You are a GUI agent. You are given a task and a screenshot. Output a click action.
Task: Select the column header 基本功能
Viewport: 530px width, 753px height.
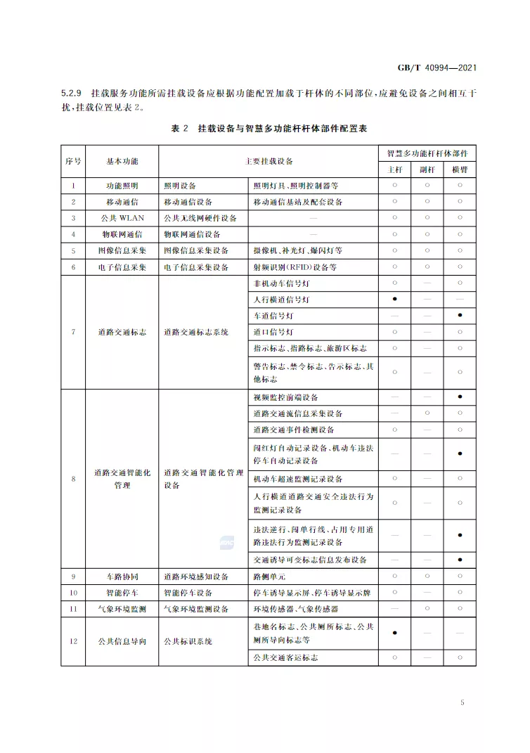(122, 161)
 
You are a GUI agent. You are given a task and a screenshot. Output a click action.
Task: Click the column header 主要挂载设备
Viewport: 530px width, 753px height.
(269, 161)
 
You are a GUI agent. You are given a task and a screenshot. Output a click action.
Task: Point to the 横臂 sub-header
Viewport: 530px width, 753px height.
(459, 169)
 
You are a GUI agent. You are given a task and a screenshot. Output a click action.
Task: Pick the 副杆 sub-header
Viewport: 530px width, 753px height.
(427, 169)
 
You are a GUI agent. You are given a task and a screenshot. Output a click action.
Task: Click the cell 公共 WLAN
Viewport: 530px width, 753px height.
(122, 218)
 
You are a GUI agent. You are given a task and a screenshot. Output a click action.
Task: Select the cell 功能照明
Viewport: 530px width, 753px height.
(122, 186)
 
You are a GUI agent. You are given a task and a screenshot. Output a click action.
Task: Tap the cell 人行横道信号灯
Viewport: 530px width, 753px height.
(280, 300)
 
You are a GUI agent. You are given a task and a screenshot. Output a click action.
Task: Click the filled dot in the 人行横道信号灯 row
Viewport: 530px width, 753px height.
(394, 300)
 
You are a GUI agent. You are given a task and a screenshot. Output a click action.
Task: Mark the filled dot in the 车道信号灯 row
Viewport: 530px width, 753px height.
(459, 316)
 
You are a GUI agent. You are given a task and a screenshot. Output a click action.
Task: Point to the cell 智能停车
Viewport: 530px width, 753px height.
(122, 593)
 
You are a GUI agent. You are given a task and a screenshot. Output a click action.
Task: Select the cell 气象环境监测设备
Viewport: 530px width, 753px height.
(196, 609)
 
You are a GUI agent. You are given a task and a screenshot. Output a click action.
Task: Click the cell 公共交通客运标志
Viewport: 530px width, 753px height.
(285, 657)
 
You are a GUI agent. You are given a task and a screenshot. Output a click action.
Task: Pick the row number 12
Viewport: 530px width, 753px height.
(73, 641)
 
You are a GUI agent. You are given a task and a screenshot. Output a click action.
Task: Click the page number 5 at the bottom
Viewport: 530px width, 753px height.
(462, 702)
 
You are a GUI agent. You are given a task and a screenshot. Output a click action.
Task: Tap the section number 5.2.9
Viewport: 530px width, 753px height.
(72, 93)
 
